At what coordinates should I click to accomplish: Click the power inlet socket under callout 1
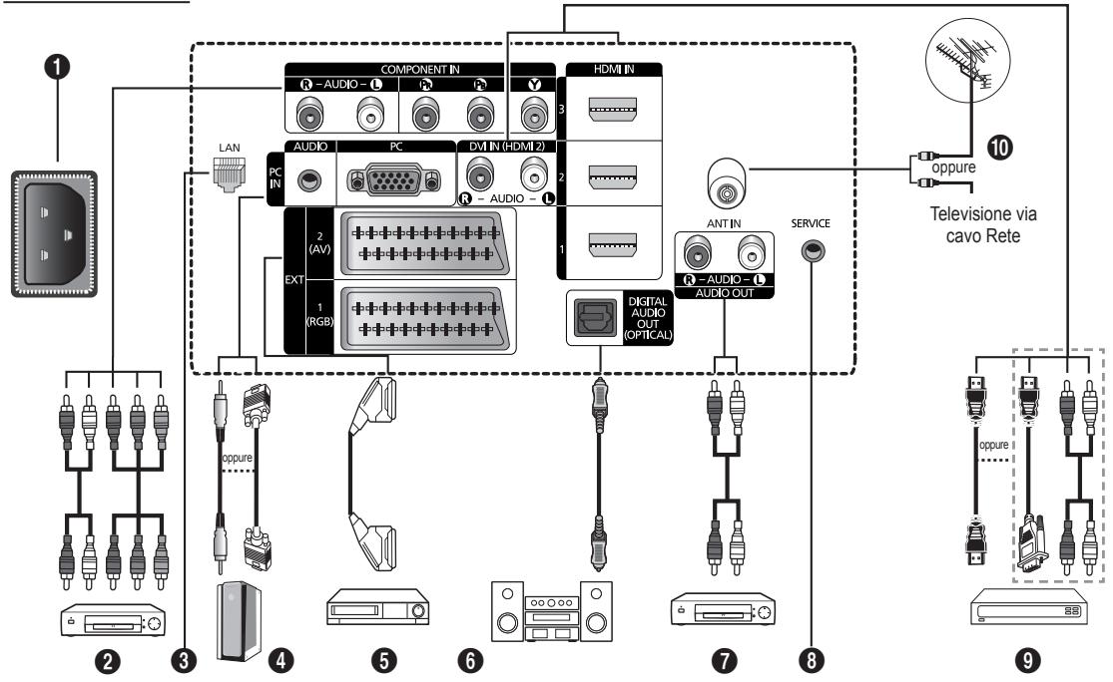[54, 233]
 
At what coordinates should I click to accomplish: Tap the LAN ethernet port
[230, 174]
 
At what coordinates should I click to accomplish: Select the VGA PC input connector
[395, 180]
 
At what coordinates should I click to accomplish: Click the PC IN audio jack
[308, 180]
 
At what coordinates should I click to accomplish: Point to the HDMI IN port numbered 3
[613, 108]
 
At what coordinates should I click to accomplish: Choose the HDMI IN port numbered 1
[613, 244]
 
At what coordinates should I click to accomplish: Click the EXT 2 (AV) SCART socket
[424, 242]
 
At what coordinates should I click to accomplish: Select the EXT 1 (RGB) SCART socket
[424, 319]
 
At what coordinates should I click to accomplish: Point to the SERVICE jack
[813, 251]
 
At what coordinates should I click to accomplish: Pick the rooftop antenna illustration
[967, 60]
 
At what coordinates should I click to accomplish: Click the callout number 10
[999, 148]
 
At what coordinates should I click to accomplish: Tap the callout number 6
[470, 660]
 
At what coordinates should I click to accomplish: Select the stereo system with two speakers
[552, 611]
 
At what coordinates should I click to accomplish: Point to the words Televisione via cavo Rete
[983, 224]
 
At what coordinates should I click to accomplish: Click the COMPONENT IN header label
[419, 70]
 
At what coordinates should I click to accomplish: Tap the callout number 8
[812, 660]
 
